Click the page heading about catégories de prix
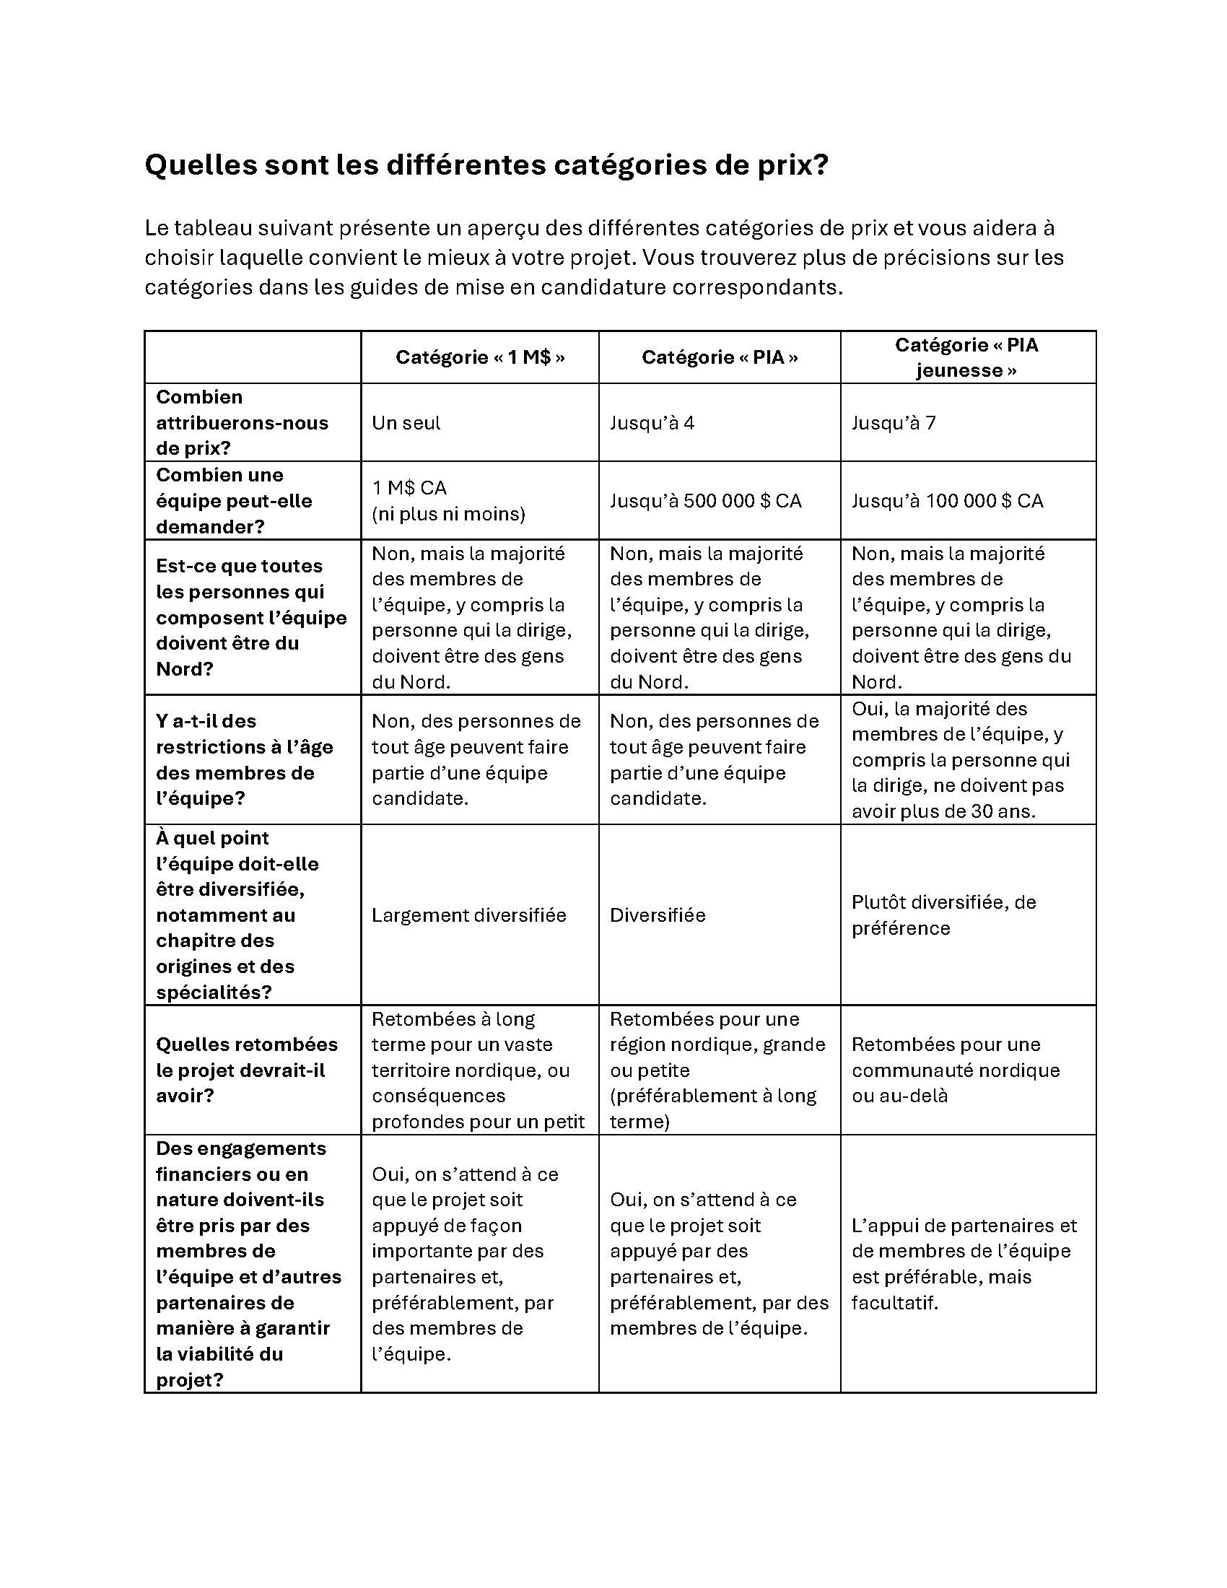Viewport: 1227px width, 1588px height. pyautogui.click(x=486, y=165)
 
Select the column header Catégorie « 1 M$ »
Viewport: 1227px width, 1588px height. pyautogui.click(x=480, y=357)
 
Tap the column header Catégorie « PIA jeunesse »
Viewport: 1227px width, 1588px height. pyautogui.click(x=966, y=357)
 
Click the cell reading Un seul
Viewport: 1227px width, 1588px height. pyautogui.click(x=406, y=422)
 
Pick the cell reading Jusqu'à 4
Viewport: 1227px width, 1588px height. pyautogui.click(x=652, y=422)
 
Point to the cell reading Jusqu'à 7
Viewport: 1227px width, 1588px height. pyautogui.click(x=894, y=422)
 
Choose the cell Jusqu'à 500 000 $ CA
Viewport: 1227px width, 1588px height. pyautogui.click(x=705, y=500)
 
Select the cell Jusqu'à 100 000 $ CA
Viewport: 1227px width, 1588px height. pyautogui.click(x=947, y=500)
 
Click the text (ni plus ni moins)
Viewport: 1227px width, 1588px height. pyautogui.click(x=447, y=514)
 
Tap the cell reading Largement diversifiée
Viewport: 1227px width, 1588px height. pyautogui.click(x=469, y=915)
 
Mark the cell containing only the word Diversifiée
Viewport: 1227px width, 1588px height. pyautogui.click(x=657, y=915)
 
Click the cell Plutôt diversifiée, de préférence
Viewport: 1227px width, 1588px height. pyautogui.click(x=943, y=915)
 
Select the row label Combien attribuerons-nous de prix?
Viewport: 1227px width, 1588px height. pyautogui.click(x=241, y=422)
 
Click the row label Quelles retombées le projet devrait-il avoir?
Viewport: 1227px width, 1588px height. pyautogui.click(x=246, y=1070)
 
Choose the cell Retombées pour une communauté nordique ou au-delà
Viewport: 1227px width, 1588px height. pyautogui.click(x=955, y=1070)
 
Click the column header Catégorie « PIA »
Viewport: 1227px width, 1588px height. pyautogui.click(x=719, y=357)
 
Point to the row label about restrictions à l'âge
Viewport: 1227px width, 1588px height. pyautogui.click(x=243, y=760)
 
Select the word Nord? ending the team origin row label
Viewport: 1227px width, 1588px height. pyautogui.click(x=185, y=669)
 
